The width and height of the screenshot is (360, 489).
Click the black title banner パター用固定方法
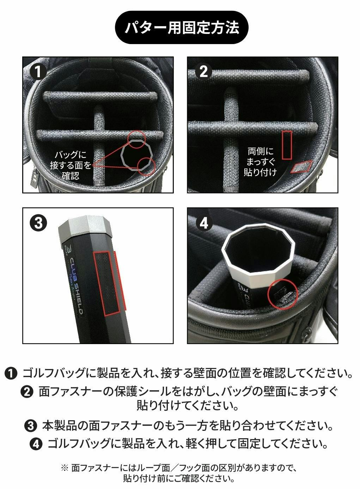pyautogui.click(x=182, y=27)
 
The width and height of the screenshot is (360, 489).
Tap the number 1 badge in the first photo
pyautogui.click(x=38, y=71)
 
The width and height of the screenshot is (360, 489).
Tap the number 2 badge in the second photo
pyautogui.click(x=203, y=71)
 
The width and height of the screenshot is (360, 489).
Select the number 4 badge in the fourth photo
pyautogui.click(x=204, y=223)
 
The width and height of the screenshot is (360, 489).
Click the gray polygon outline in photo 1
pyautogui.click(x=122, y=155)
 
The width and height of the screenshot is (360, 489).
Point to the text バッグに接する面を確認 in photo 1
pyautogui.click(x=70, y=165)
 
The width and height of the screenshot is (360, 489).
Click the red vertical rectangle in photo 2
pyautogui.click(x=287, y=145)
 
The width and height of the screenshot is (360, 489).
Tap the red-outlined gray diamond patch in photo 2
pyautogui.click(x=301, y=167)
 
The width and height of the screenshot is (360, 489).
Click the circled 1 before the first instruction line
pyautogui.click(x=11, y=373)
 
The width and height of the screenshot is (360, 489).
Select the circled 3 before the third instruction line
pyautogui.click(x=31, y=426)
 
